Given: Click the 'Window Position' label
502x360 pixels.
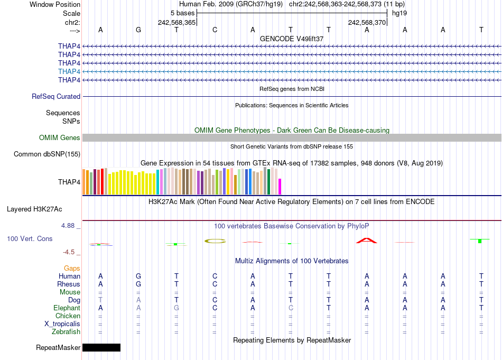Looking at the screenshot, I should [x=55, y=4].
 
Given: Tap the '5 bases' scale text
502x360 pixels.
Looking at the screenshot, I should [x=182, y=13].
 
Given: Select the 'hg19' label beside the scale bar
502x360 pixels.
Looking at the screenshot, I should [x=399, y=13].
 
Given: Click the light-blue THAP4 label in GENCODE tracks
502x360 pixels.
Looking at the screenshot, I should [x=69, y=71].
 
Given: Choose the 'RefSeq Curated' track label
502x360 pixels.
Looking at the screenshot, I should [x=56, y=96].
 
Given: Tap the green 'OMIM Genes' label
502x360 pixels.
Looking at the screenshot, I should [x=60, y=137].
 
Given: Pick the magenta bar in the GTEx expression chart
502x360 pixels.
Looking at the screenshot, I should [x=280, y=187].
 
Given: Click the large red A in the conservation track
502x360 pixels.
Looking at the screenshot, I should [x=367, y=241].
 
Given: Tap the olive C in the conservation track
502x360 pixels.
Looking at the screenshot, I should [x=215, y=241].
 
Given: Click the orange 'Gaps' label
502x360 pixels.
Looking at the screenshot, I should [x=72, y=268].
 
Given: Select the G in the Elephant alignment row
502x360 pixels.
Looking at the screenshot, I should [x=176, y=308].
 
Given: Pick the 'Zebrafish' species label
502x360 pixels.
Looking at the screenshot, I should [x=66, y=331].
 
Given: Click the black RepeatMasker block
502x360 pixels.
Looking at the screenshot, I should [x=101, y=347].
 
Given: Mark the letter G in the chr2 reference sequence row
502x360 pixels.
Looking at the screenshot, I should [x=138, y=30].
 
